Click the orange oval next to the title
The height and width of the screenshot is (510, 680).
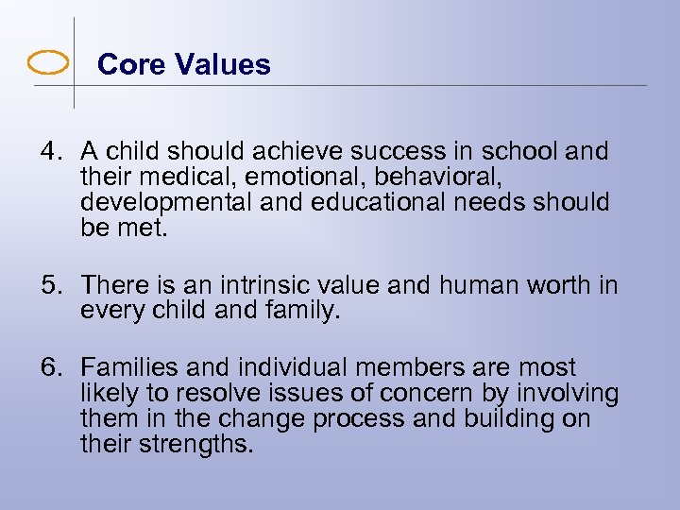pyautogui.click(x=48, y=64)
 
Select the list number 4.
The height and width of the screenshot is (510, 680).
pyautogui.click(x=49, y=151)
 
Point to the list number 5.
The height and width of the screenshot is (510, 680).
pyautogui.click(x=49, y=284)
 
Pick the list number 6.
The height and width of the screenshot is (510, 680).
pyautogui.click(x=49, y=367)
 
